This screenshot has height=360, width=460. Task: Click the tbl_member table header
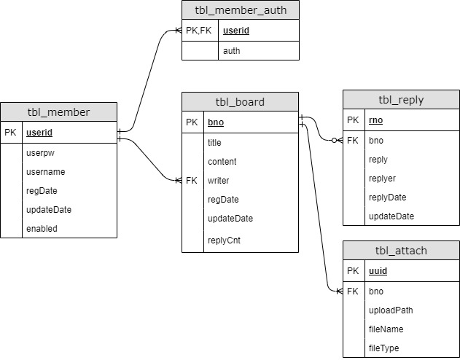tap(58, 112)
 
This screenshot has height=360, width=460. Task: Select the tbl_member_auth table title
tap(241, 10)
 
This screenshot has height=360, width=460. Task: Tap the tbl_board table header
tap(240, 102)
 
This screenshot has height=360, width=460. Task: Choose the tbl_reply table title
tap(401, 101)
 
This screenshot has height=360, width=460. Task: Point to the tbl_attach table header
tap(401, 251)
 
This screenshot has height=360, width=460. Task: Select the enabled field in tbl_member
tap(42, 228)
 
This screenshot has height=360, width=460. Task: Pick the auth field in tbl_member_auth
tap(231, 51)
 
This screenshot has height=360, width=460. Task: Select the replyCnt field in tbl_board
tap(224, 239)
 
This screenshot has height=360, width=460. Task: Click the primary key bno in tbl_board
tap(216, 122)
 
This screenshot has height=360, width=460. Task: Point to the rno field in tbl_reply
tap(376, 121)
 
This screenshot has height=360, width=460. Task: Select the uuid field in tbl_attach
tap(378, 271)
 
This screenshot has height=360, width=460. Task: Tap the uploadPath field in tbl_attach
tap(391, 310)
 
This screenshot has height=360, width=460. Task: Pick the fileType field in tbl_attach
tap(384, 348)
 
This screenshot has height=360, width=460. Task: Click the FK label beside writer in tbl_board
tap(192, 180)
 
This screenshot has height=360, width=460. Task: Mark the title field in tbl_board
tap(215, 143)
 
